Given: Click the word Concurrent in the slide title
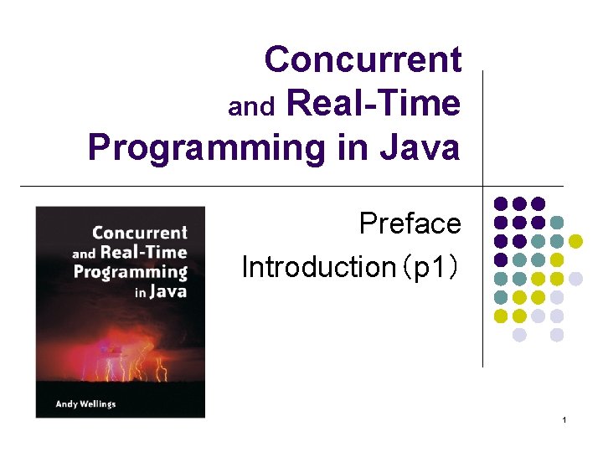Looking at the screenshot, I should click(x=362, y=59).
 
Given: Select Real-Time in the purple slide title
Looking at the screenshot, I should click(x=374, y=104).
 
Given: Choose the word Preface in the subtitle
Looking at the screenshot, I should click(x=410, y=223).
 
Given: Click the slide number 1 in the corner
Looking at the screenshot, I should click(x=564, y=419).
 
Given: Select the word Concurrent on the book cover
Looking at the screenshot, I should click(x=139, y=233).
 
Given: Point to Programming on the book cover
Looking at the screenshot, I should click(x=130, y=271).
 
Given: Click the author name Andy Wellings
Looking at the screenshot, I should click(x=85, y=404).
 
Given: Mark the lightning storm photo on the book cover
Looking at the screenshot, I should click(x=120, y=352).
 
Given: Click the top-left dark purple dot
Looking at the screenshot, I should click(x=501, y=203).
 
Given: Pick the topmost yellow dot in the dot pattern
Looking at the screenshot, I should click(x=575, y=241).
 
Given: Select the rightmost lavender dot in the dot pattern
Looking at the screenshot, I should click(x=575, y=279).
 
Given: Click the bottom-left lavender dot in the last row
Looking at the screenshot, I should click(x=519, y=335).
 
